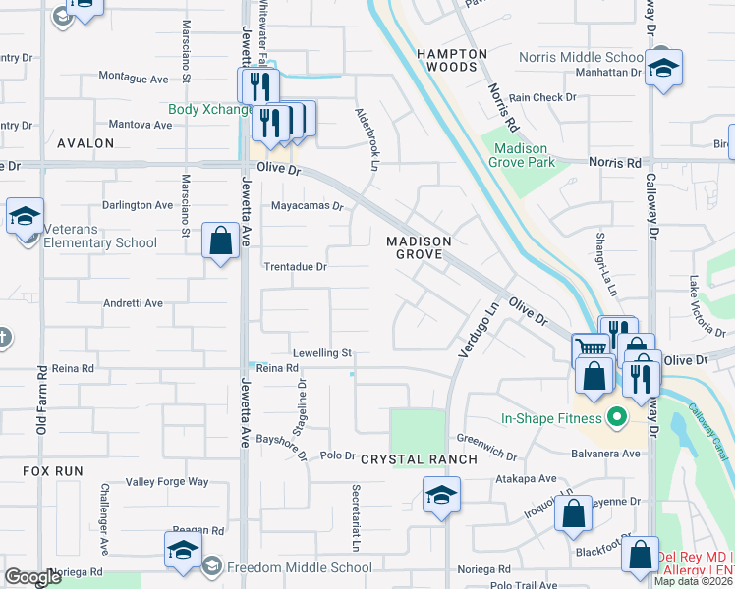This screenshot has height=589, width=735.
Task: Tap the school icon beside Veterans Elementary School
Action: tap(24, 217)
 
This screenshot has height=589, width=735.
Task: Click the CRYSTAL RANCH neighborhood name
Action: tap(419, 459)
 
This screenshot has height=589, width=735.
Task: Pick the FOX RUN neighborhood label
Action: tap(53, 471)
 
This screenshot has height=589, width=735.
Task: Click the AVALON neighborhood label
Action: tap(85, 143)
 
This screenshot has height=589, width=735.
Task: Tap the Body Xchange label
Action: tap(210, 110)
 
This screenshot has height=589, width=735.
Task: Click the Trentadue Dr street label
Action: tap(295, 266)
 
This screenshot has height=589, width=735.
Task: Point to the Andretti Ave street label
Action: tap(133, 304)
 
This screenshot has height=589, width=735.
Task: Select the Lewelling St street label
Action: tap(321, 352)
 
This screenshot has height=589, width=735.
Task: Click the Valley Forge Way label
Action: tap(168, 482)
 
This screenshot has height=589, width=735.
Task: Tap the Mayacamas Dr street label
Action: tap(307, 207)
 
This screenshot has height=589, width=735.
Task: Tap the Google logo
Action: tap(32, 577)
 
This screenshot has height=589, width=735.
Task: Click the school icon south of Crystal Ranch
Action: tap(441, 496)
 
